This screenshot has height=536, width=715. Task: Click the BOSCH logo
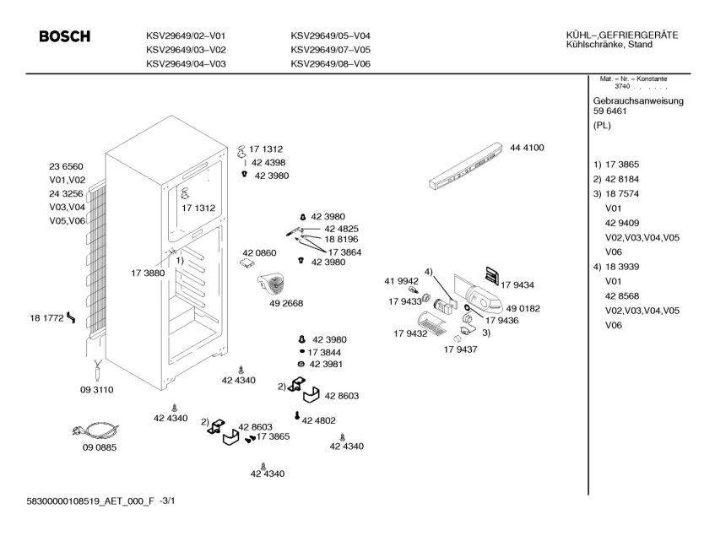tap(65, 37)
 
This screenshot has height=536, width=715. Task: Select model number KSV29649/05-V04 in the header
tap(330, 35)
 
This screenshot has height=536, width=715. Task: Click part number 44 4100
tap(527, 148)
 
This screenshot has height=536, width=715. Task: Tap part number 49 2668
tap(286, 303)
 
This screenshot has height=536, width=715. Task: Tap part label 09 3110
tap(97, 390)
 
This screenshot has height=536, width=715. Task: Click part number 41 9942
tap(402, 280)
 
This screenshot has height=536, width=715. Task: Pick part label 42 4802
tap(319, 420)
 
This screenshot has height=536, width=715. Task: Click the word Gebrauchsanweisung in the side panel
tap(638, 101)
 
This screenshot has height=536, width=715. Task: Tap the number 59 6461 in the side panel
tap(609, 111)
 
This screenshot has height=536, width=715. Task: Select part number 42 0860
tap(259, 253)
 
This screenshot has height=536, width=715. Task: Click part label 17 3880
tap(148, 273)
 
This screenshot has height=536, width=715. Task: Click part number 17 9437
tap(460, 349)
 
